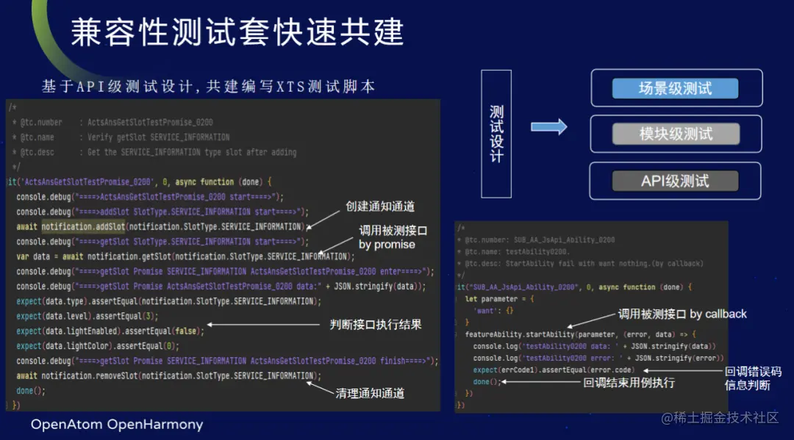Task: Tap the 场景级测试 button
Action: coord(675,89)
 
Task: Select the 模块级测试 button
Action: coord(675,134)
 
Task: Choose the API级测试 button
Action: coord(675,181)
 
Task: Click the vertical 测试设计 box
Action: coord(497,132)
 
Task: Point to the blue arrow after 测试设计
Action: coord(549,127)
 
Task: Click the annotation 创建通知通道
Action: coord(380,206)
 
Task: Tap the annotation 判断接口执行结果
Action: coord(375,325)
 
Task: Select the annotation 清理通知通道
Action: coord(370,393)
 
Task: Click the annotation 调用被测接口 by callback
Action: coord(682,314)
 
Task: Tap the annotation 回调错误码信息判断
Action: coord(753,378)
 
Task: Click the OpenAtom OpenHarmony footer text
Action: coord(117,425)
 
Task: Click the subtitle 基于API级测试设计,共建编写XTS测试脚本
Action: coord(208,87)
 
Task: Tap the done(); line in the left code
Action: coord(31,391)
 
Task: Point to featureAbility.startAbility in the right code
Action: coord(515,334)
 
